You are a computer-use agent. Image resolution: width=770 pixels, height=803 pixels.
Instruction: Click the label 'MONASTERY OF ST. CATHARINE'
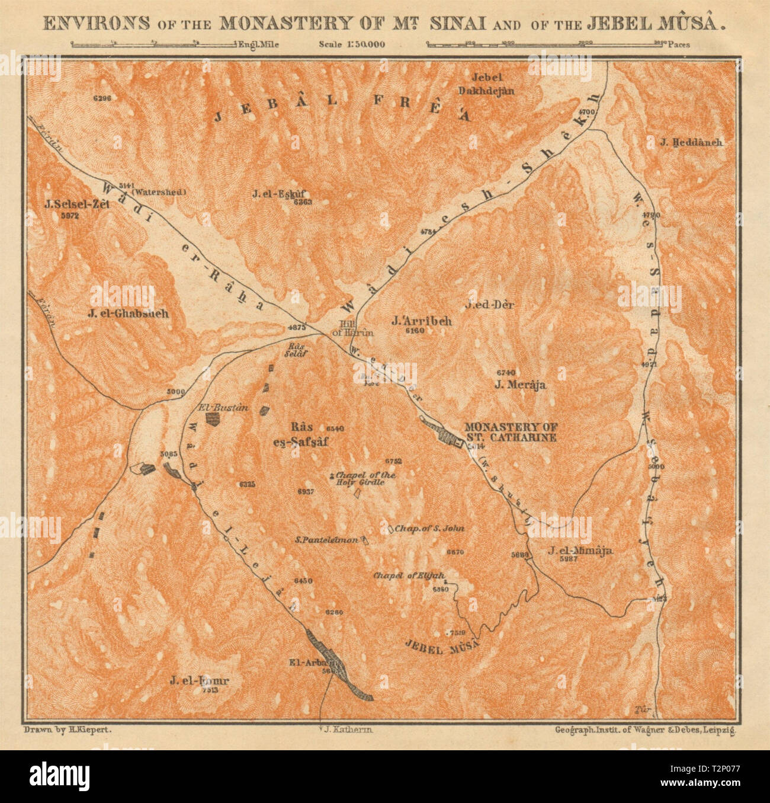511,432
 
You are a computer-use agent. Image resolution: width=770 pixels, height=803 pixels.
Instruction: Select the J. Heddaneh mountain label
692,142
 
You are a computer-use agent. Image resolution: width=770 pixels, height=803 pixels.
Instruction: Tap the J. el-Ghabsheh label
128,313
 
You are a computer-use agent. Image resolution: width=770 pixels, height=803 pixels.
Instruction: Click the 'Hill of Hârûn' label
356,328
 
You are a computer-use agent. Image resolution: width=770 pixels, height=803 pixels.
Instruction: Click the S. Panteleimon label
326,540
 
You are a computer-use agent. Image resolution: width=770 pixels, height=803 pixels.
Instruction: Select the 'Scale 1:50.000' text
351,43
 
